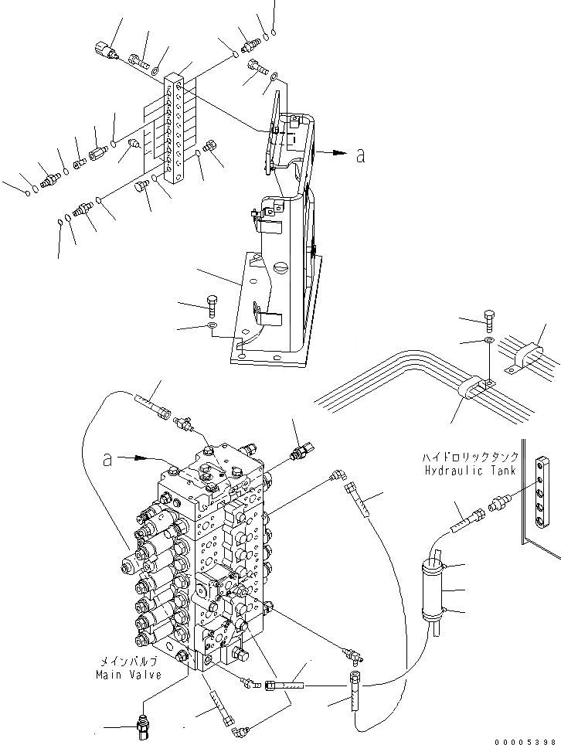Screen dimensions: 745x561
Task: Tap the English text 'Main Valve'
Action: [128, 675]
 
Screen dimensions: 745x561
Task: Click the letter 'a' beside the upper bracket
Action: [360, 155]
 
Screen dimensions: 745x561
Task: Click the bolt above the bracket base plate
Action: [213, 306]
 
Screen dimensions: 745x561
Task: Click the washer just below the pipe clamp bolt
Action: [488, 339]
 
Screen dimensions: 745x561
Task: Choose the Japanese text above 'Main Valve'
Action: [128, 662]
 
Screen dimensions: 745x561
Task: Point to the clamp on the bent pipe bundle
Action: [470, 386]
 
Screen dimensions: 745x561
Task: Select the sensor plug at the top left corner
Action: [104, 51]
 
